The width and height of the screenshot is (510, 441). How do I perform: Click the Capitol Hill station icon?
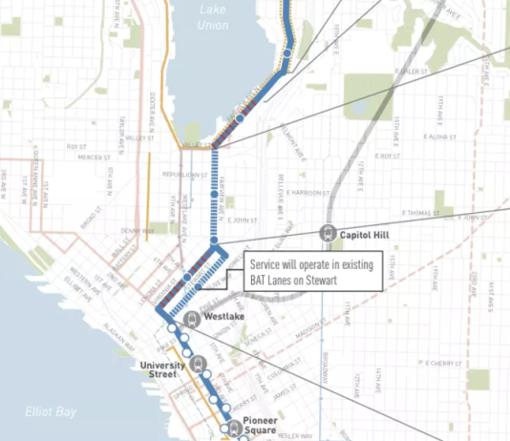(329, 231)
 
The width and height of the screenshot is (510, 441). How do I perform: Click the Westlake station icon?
(192, 318)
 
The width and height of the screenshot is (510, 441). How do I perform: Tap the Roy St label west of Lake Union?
(75, 146)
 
